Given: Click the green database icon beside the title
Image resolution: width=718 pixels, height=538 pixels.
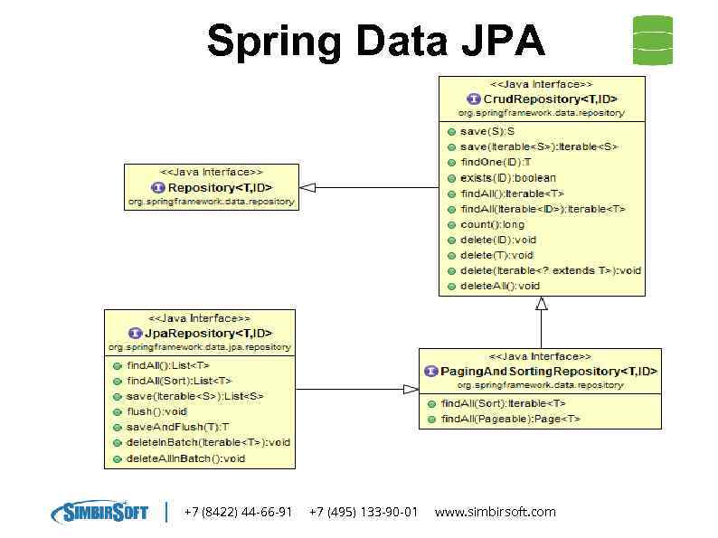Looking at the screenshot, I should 653,40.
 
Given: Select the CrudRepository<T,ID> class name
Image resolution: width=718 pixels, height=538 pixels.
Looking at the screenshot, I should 550,99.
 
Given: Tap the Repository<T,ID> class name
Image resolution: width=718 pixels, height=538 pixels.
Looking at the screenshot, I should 220,187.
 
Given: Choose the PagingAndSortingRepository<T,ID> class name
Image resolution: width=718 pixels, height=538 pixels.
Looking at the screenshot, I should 548,372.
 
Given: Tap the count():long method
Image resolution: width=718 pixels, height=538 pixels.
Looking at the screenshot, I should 492,224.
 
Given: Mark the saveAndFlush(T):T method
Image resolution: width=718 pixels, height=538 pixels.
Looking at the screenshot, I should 177,427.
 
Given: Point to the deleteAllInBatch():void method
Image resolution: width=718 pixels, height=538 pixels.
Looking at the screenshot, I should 185,458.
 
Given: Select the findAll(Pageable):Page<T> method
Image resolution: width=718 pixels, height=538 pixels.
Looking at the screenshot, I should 510,419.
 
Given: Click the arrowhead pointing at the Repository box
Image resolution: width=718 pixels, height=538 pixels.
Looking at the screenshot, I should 307,188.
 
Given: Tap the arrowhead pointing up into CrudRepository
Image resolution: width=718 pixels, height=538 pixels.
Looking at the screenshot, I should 542,304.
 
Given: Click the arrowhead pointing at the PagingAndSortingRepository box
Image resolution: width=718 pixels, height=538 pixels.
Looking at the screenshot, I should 410,389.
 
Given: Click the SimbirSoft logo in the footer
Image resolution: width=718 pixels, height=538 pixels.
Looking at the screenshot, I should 99,512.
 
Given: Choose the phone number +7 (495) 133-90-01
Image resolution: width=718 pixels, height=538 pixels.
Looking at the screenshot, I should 364,512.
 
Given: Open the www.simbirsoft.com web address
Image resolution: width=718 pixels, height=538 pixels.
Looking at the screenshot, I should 495,512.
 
